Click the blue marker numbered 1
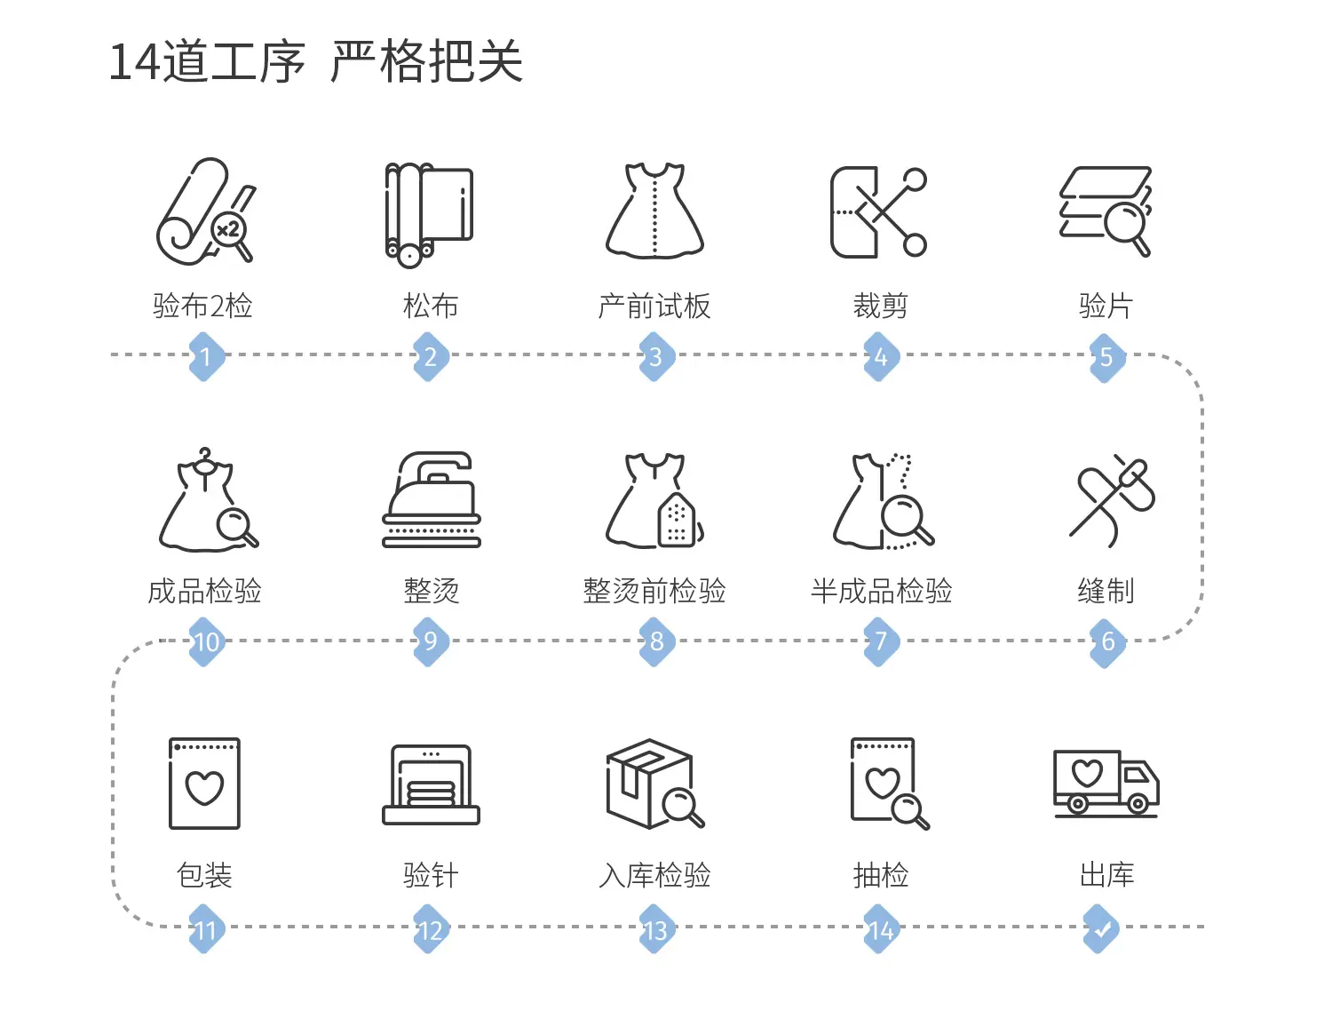click(x=206, y=356)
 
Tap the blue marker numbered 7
click(x=881, y=641)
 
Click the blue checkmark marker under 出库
click(x=1101, y=928)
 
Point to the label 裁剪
click(x=881, y=306)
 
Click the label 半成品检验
click(x=881, y=591)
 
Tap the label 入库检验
click(x=654, y=875)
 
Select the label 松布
click(x=431, y=306)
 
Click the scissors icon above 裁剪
click(x=878, y=211)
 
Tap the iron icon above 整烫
click(x=432, y=499)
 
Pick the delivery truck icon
click(x=1106, y=784)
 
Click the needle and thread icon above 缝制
click(x=1112, y=500)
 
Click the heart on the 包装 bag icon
click(x=204, y=787)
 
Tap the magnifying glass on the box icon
click(x=682, y=807)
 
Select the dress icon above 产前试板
click(x=654, y=211)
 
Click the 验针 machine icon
click(x=431, y=784)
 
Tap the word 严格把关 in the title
click(x=426, y=60)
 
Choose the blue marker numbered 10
click(x=206, y=641)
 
